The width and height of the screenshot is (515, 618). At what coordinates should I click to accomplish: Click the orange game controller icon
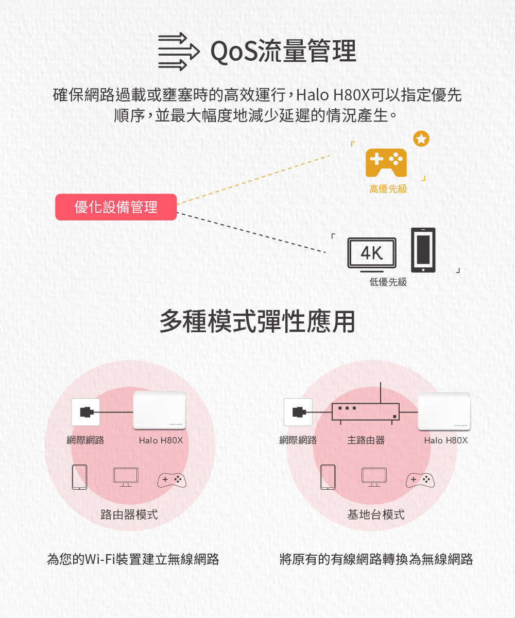coord(386,163)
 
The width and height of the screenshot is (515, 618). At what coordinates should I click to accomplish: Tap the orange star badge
coord(421,139)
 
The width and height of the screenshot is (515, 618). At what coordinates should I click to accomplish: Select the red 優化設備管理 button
coord(116,207)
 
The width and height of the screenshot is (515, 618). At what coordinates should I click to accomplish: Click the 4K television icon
coord(372,254)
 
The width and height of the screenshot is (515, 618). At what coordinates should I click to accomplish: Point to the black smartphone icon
coord(423,250)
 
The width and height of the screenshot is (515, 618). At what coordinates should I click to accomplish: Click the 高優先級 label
coord(388,189)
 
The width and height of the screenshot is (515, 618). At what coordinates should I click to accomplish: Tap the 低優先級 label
coord(388,282)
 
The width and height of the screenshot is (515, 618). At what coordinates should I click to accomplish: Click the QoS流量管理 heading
coord(283,51)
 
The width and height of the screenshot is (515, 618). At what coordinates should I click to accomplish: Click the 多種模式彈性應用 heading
coord(257,321)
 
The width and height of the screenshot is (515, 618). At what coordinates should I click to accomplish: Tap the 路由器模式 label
coord(129,514)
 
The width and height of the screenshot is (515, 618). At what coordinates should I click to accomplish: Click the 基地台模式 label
coord(376,514)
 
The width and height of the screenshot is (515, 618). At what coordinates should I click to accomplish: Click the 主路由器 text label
coord(366,440)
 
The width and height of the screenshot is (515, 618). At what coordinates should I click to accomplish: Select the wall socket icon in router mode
coord(85,412)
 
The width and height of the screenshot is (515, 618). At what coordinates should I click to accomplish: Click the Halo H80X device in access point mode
coord(444,411)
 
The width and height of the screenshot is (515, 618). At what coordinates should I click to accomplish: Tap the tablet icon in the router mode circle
coord(80,477)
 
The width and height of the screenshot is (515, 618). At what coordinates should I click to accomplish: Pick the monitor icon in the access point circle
coord(374,477)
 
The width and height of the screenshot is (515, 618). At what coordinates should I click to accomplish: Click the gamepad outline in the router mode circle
coord(172,480)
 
